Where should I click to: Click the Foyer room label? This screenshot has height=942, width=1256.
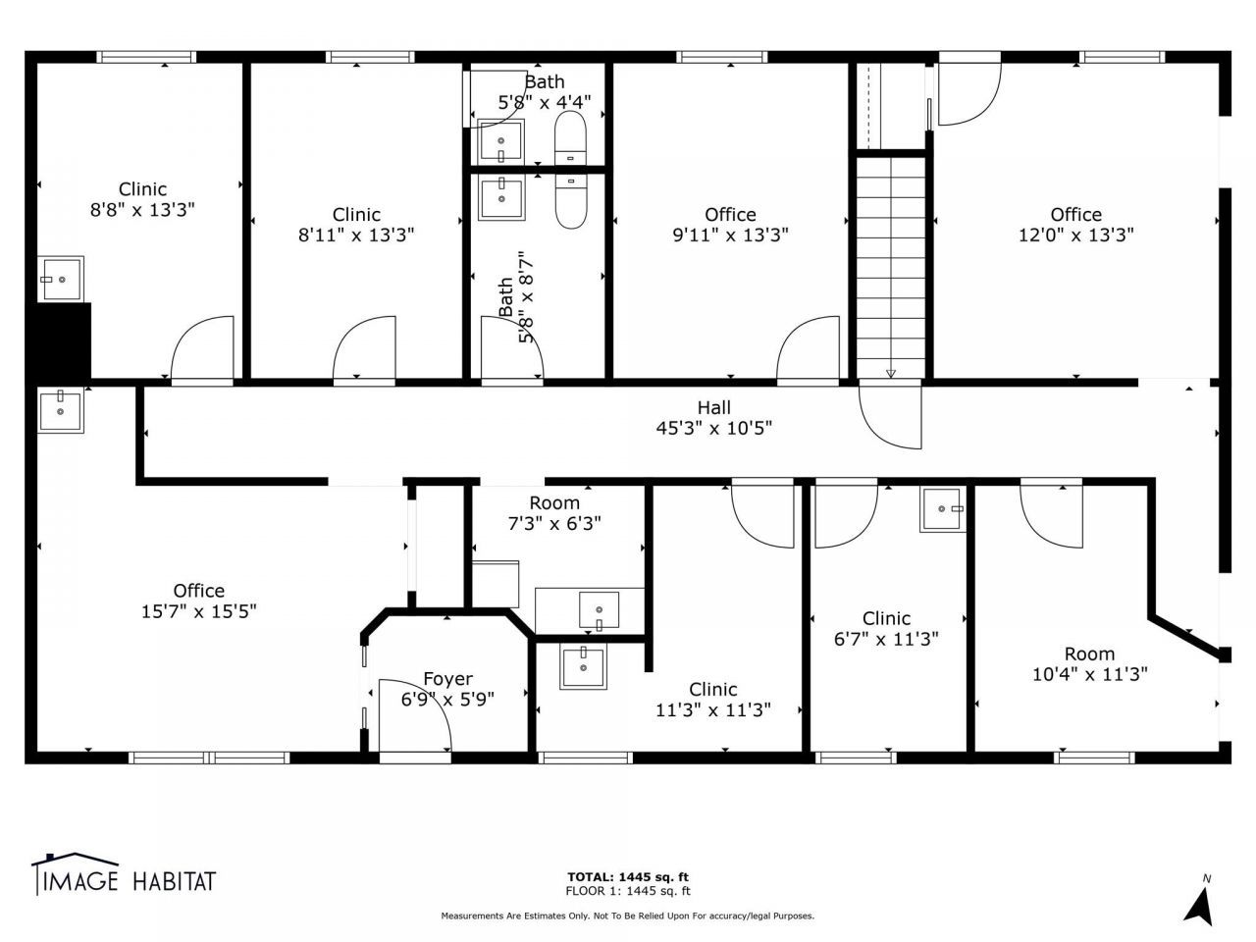(447, 679)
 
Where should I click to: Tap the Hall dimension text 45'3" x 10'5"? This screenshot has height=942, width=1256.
(713, 428)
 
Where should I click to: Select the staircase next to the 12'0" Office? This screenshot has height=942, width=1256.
(890, 267)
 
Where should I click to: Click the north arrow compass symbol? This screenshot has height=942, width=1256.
(1199, 902)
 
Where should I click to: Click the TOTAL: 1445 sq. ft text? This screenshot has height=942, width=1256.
(628, 877)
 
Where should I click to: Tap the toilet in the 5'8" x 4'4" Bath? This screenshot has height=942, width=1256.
(570, 137)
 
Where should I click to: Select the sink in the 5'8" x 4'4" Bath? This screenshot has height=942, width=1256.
(500, 140)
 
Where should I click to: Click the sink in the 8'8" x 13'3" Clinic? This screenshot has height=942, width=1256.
(61, 279)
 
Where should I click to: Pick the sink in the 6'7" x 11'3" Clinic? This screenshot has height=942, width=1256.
(942, 509)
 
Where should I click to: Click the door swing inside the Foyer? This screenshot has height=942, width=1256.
(415, 715)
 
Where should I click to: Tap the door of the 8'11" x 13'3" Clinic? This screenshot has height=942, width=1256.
(364, 348)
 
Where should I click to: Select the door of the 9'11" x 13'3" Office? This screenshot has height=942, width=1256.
(808, 348)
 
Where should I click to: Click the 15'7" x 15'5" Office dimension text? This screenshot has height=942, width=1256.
(198, 611)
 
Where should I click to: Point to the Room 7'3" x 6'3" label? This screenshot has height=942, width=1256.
(554, 513)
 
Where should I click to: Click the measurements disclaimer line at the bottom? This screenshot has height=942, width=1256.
(627, 916)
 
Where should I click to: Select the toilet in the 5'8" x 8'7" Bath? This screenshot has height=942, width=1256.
(570, 201)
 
